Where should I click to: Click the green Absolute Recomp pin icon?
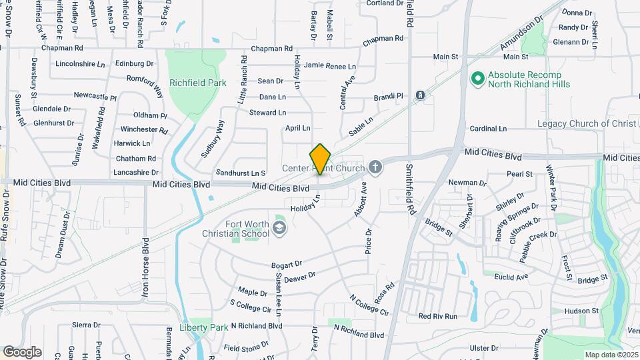click(x=477, y=79)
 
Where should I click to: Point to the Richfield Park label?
click(x=197, y=83)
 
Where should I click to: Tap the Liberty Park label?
click(x=204, y=327)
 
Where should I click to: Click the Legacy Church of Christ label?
click(x=587, y=124)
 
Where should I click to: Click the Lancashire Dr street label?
click(x=136, y=172)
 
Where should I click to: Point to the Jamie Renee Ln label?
click(x=329, y=65)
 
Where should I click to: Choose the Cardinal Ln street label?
click(x=488, y=128)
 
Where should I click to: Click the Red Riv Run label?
click(x=437, y=316)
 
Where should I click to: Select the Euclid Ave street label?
click(x=511, y=276)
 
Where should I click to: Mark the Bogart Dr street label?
click(x=287, y=265)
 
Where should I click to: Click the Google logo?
click(x=22, y=351)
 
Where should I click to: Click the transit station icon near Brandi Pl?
click(x=421, y=96)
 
